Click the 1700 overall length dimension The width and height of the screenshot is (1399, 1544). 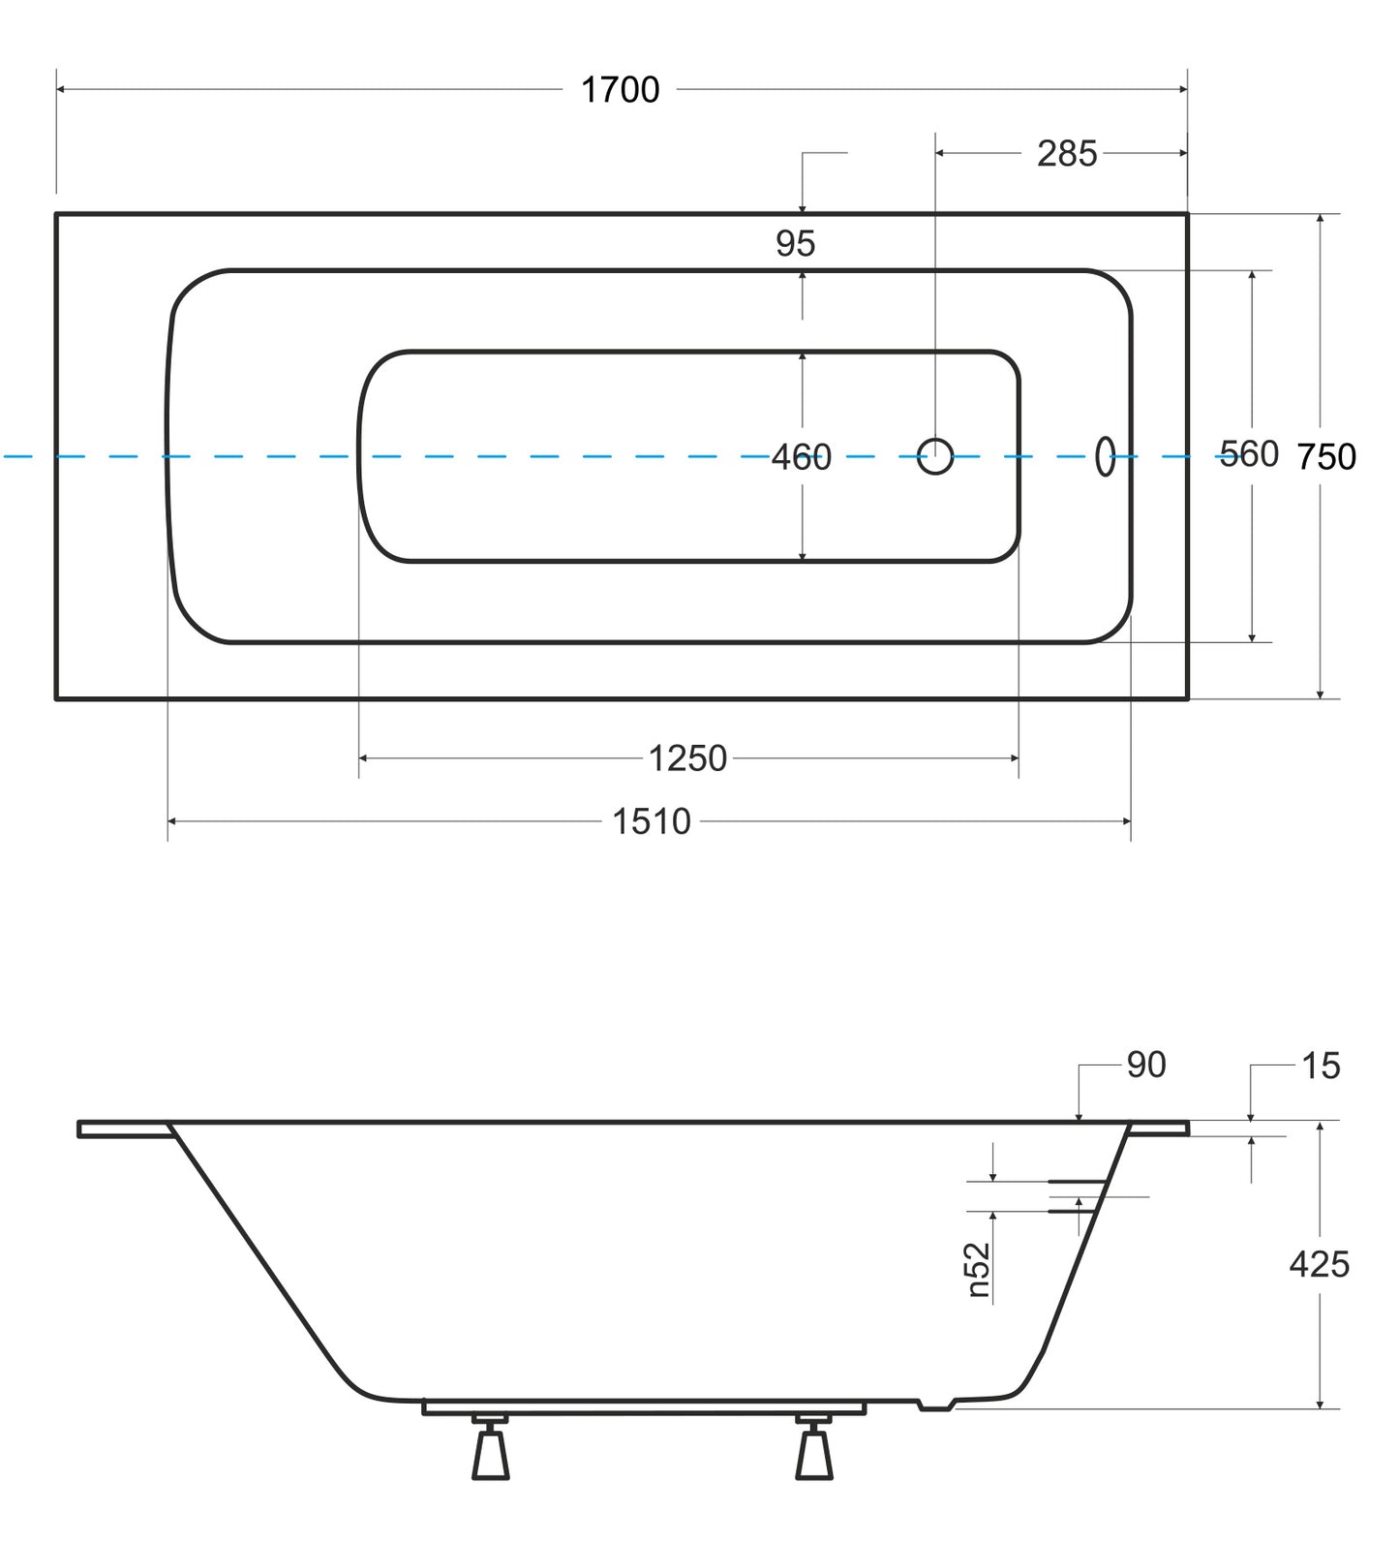pyautogui.click(x=620, y=90)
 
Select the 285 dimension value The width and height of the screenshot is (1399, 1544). pyautogui.click(x=1067, y=154)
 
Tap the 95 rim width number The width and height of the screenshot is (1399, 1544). pyautogui.click(x=795, y=244)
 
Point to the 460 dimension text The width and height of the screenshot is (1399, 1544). pyautogui.click(x=802, y=457)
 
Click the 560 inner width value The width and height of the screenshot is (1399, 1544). pyautogui.click(x=1249, y=454)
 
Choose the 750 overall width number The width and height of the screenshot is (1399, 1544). pyautogui.click(x=1326, y=457)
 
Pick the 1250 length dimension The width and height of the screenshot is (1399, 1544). pyautogui.click(x=687, y=758)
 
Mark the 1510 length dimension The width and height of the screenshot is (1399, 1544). pyautogui.click(x=652, y=822)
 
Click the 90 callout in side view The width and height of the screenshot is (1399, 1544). pyautogui.click(x=1146, y=1065)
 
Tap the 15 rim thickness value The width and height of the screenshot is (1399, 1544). pyautogui.click(x=1321, y=1066)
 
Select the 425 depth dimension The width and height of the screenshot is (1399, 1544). pyautogui.click(x=1319, y=1265)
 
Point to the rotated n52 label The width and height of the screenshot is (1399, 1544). pyautogui.click(x=979, y=1270)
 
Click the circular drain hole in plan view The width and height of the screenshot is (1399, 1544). pyautogui.click(x=935, y=456)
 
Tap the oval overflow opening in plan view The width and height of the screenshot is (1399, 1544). pyautogui.click(x=1105, y=456)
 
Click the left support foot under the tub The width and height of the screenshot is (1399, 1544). pyautogui.click(x=490, y=1446)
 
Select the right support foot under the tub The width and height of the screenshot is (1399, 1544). pyautogui.click(x=813, y=1446)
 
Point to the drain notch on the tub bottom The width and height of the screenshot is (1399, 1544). pyautogui.click(x=936, y=1405)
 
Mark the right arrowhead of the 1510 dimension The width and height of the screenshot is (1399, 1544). pyautogui.click(x=1126, y=822)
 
